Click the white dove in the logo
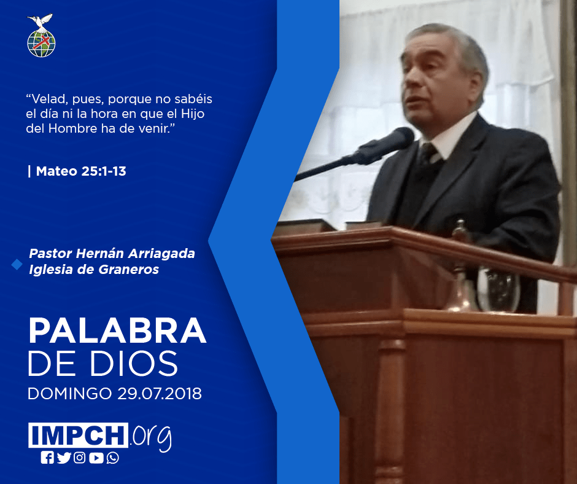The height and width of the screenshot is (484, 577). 40,21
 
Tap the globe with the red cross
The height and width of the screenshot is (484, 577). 41,44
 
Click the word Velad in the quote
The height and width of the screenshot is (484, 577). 47,99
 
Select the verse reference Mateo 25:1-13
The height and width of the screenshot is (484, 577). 81,171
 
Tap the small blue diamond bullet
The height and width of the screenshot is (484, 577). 17,264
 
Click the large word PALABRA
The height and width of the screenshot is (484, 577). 117,330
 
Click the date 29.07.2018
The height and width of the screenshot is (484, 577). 160,393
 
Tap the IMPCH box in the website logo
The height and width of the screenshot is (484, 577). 78,435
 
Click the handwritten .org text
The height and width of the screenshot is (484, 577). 151,437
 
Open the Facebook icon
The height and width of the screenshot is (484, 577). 47,458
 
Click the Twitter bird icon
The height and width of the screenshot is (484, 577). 64,458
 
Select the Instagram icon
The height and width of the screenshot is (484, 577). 79,458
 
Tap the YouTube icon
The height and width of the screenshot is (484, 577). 96,458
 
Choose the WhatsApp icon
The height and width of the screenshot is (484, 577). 112,458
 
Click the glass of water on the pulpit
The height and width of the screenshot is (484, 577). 498,289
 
